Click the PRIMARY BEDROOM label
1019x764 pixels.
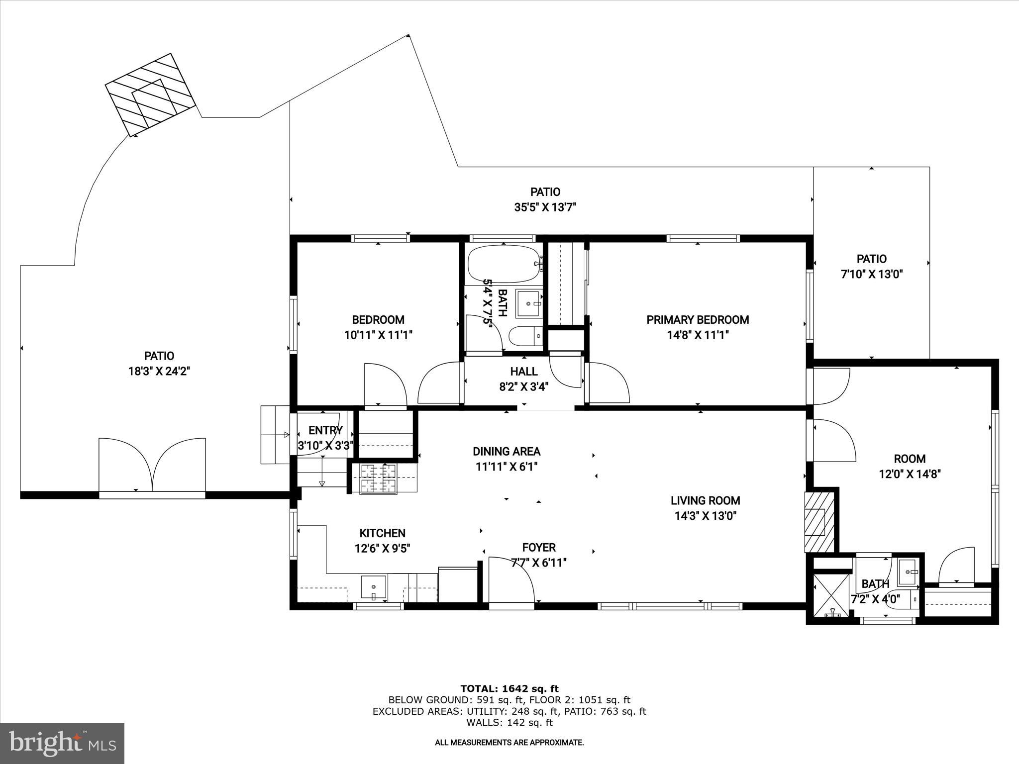click(698, 320)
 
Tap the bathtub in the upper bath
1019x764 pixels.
click(504, 264)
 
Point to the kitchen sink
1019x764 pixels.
click(373, 587)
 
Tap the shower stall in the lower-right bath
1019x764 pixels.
click(832, 596)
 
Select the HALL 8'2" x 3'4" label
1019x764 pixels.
click(523, 379)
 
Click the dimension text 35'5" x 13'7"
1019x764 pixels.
click(545, 207)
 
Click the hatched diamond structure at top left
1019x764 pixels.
click(149, 94)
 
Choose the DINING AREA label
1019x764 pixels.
click(506, 452)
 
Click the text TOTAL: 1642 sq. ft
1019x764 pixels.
click(509, 689)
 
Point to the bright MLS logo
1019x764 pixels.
click(62, 743)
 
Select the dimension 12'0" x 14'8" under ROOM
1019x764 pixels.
click(910, 474)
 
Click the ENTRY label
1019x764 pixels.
click(325, 430)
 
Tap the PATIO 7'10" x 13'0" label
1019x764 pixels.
click(871, 266)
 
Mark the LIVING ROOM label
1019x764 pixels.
click(705, 501)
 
